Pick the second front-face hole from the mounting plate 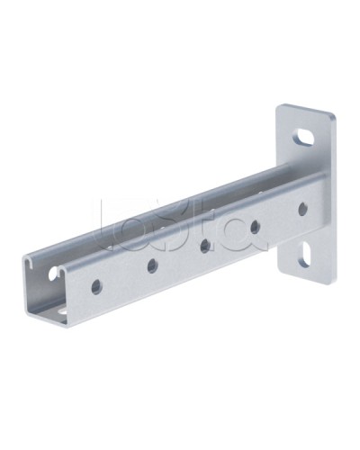point(256,227)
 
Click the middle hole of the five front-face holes point(205,245)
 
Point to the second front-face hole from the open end point(151,265)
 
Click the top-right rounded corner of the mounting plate point(331,118)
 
